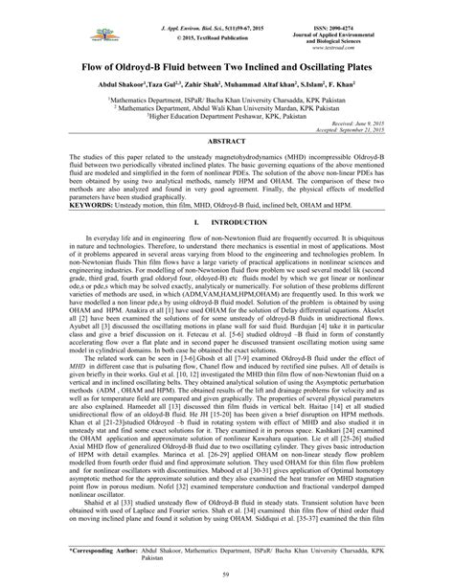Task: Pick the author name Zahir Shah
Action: (x=205, y=87)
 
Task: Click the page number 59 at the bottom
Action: (x=227, y=574)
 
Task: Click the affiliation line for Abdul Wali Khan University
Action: (x=227, y=107)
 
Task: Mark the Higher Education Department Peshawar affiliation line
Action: (x=227, y=116)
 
